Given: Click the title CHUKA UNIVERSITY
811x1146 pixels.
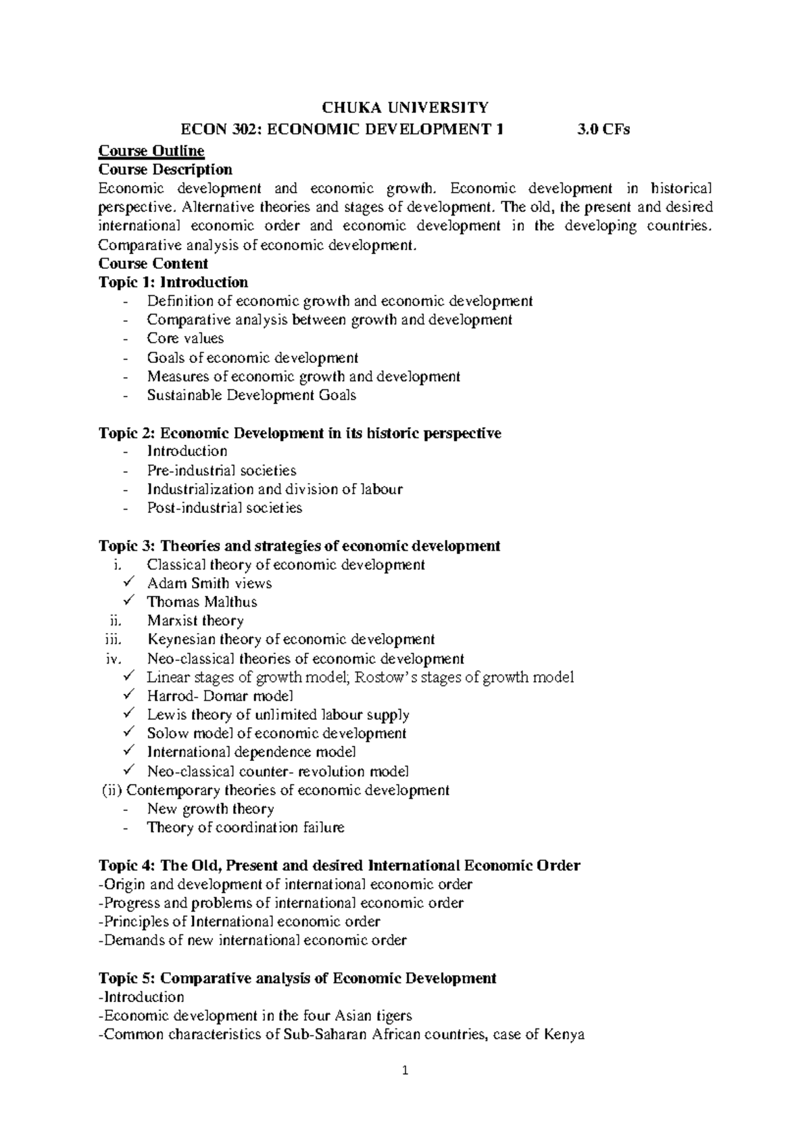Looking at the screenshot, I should click(x=405, y=107).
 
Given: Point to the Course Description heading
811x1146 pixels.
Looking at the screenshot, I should click(x=165, y=169).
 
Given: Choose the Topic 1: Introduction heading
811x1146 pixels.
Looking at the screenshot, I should click(x=173, y=282).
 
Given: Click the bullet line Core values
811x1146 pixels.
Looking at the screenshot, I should click(x=185, y=339).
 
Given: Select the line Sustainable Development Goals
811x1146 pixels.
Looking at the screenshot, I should click(x=251, y=395).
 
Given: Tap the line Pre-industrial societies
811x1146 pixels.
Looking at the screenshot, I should click(x=222, y=470).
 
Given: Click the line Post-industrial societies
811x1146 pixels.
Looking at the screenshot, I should click(x=224, y=508).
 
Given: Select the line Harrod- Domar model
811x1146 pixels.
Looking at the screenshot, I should click(x=220, y=696).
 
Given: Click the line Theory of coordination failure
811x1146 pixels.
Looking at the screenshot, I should click(x=245, y=828).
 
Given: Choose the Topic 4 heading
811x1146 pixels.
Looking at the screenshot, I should click(x=339, y=866).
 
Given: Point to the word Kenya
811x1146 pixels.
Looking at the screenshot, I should click(x=564, y=1035).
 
